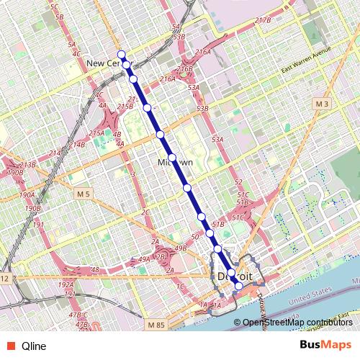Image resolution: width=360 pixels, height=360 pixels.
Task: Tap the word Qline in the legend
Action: pyautogui.click(x=34, y=346)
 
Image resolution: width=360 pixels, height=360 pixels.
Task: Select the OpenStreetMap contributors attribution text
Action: pyautogui.click(x=297, y=323)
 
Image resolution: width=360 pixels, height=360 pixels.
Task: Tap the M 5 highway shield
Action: pyautogui.click(x=84, y=194)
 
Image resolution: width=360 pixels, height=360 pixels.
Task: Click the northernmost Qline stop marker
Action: pyautogui.click(x=122, y=55)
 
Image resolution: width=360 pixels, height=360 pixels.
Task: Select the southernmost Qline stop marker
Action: pyautogui.click(x=239, y=286)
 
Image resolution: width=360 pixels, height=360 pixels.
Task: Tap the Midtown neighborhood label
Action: pyautogui.click(x=175, y=163)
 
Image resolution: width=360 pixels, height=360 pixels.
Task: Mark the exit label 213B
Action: pyautogui.click(x=27, y=165)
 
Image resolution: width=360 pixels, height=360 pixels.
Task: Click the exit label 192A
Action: pyautogui.click(x=65, y=285)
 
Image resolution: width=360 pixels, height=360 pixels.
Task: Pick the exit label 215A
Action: pyautogui.click(x=97, y=133)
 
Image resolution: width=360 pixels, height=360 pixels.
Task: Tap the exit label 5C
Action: pyautogui.click(x=54, y=6)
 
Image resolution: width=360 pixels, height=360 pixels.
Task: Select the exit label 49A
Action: pyautogui.click(x=143, y=259)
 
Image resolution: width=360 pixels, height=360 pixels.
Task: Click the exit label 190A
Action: pyautogui.click(x=27, y=194)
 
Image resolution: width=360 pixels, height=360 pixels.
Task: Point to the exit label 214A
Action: pyautogui.click(x=55, y=153)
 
